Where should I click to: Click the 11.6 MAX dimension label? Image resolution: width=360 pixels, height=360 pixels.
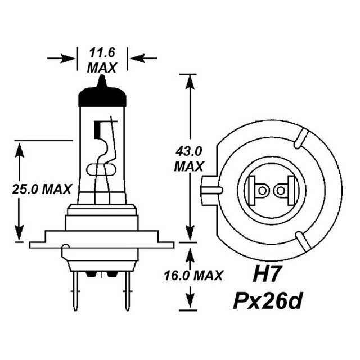(102, 61)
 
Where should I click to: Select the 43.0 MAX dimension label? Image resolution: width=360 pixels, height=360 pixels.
(189, 159)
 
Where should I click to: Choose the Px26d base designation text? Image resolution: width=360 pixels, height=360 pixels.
(268, 301)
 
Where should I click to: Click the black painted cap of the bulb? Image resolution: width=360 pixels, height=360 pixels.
(102, 97)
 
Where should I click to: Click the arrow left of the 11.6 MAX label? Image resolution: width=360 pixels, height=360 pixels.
(62, 58)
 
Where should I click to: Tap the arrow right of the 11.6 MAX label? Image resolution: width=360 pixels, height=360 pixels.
(143, 58)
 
